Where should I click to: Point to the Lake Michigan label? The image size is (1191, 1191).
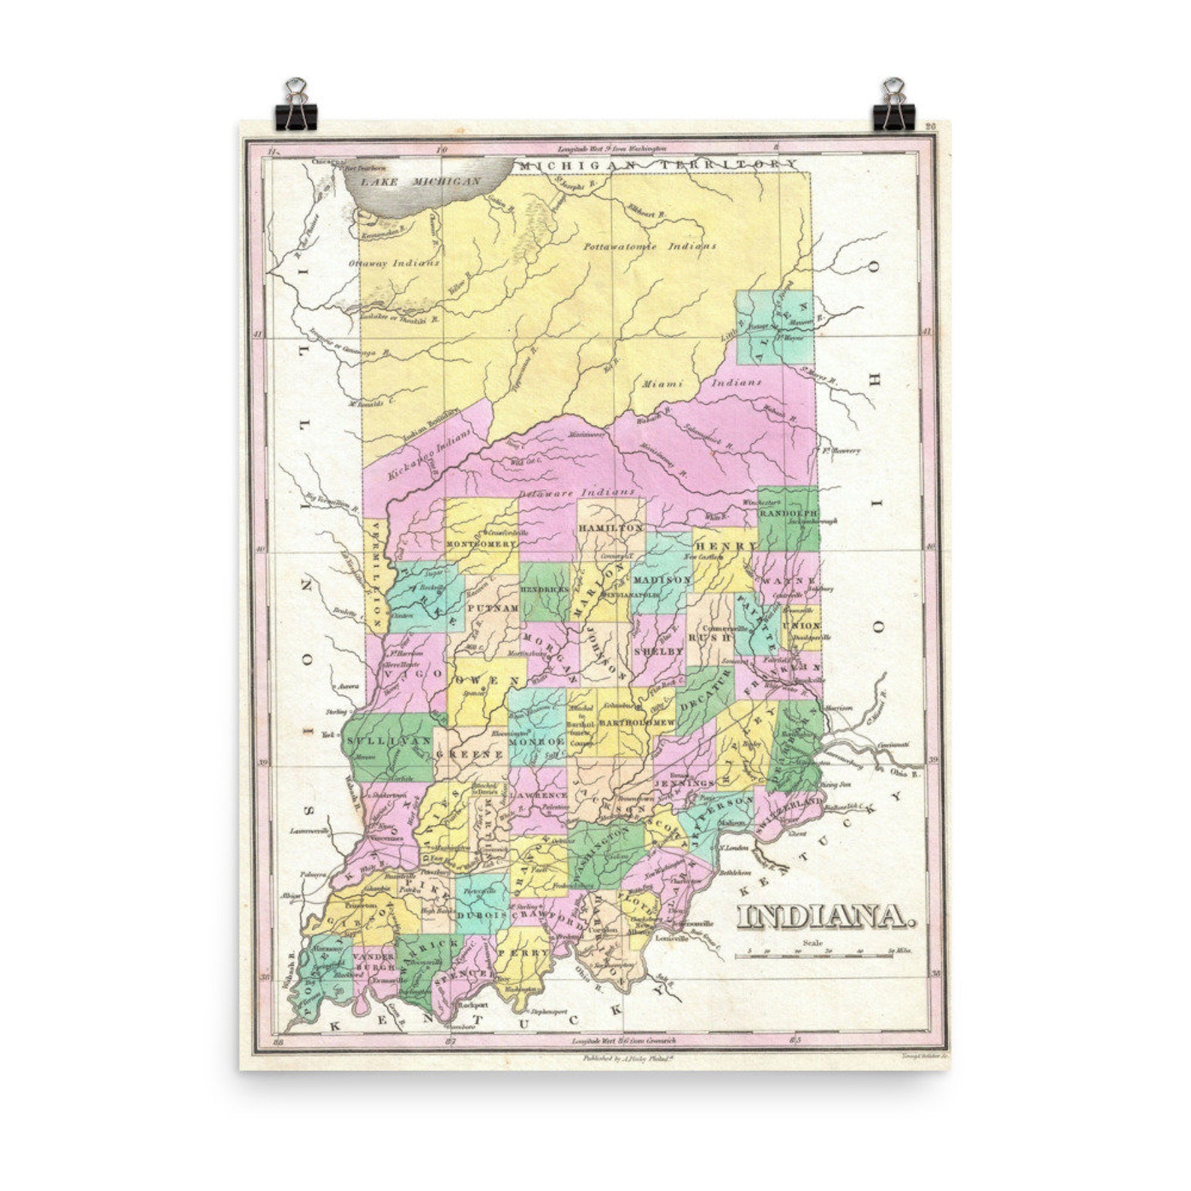pos(420,181)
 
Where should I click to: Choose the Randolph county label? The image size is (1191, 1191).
pos(787,513)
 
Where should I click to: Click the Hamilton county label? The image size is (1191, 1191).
pos(610,528)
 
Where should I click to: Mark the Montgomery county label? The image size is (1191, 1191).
pos(481,543)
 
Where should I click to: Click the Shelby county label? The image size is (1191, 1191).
pos(659,652)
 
